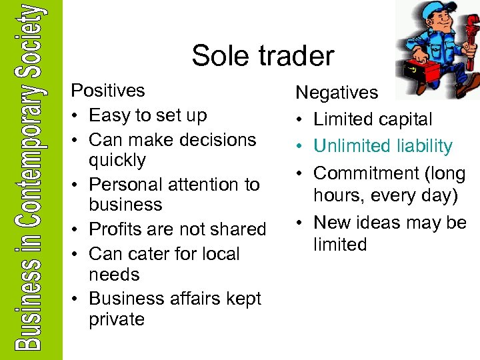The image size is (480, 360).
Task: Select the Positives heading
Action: (108, 91)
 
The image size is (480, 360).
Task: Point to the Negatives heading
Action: (337, 93)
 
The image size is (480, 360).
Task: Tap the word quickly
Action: (117, 160)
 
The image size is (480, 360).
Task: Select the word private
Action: (117, 319)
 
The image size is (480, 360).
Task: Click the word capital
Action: (403, 120)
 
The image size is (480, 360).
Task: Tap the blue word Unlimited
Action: (354, 146)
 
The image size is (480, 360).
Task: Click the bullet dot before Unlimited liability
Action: (301, 147)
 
